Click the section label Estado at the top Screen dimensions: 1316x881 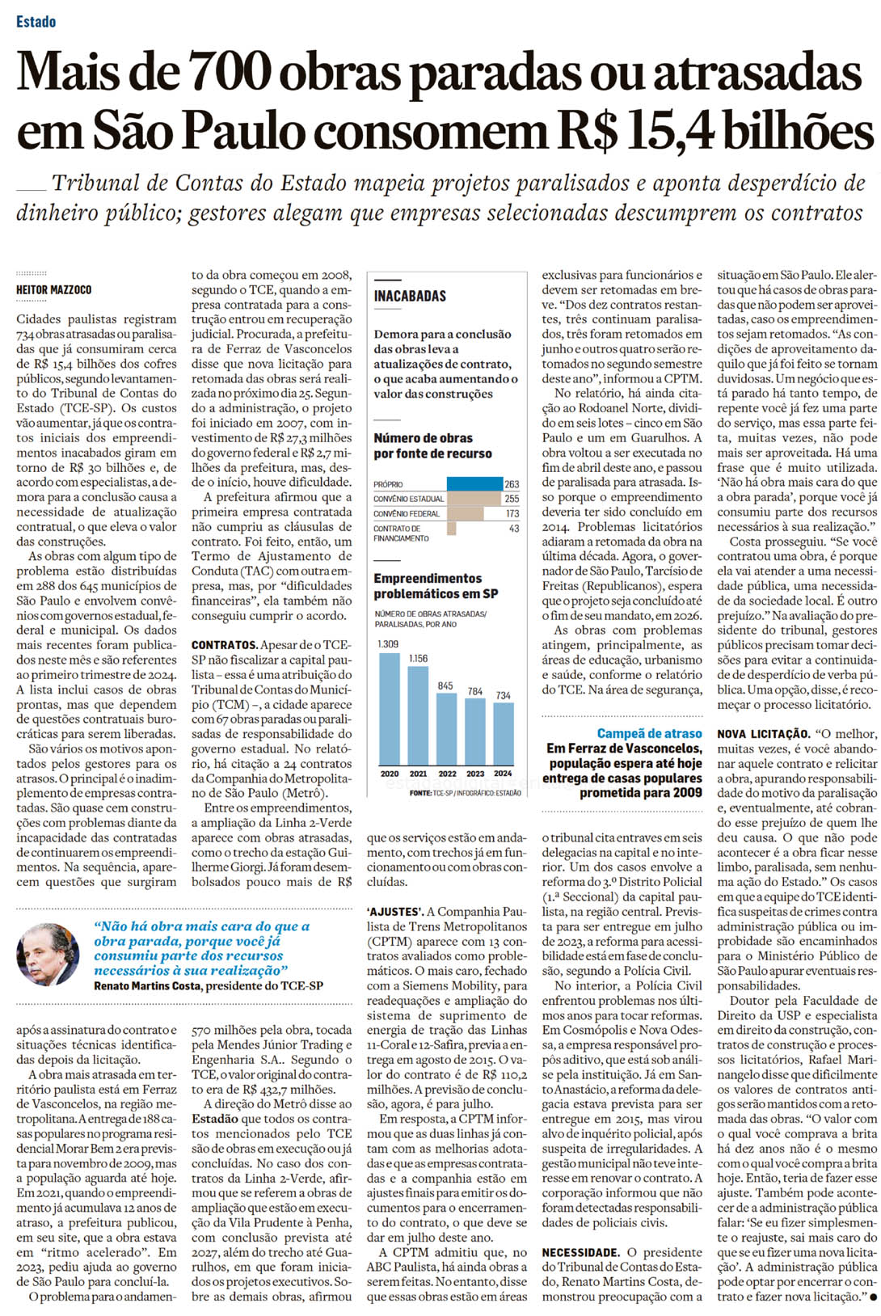coord(36,22)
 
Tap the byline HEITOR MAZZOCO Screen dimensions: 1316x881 coord(53,289)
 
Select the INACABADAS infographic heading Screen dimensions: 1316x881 coord(410,296)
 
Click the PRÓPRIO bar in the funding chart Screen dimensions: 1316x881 coord(474,484)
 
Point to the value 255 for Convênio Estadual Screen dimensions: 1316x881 coord(512,499)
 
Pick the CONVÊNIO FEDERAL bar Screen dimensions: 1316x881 coord(465,513)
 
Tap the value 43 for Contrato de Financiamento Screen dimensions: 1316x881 coord(514,528)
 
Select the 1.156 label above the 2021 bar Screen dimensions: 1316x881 coord(418,659)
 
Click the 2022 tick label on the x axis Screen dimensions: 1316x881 coord(447,774)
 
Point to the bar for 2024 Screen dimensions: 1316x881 coord(504,735)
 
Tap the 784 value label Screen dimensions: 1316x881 coord(475,692)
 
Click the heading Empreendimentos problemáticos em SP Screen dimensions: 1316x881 coord(436,586)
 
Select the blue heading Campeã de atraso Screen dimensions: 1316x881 coord(649,733)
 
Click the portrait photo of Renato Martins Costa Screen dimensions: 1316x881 coord(48,955)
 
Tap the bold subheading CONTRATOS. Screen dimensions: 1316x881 coord(224,645)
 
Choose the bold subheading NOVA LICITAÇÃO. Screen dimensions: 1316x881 coord(763,734)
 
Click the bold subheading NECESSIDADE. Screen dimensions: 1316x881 coord(581,1252)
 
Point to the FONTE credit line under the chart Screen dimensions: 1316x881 coord(465,793)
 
